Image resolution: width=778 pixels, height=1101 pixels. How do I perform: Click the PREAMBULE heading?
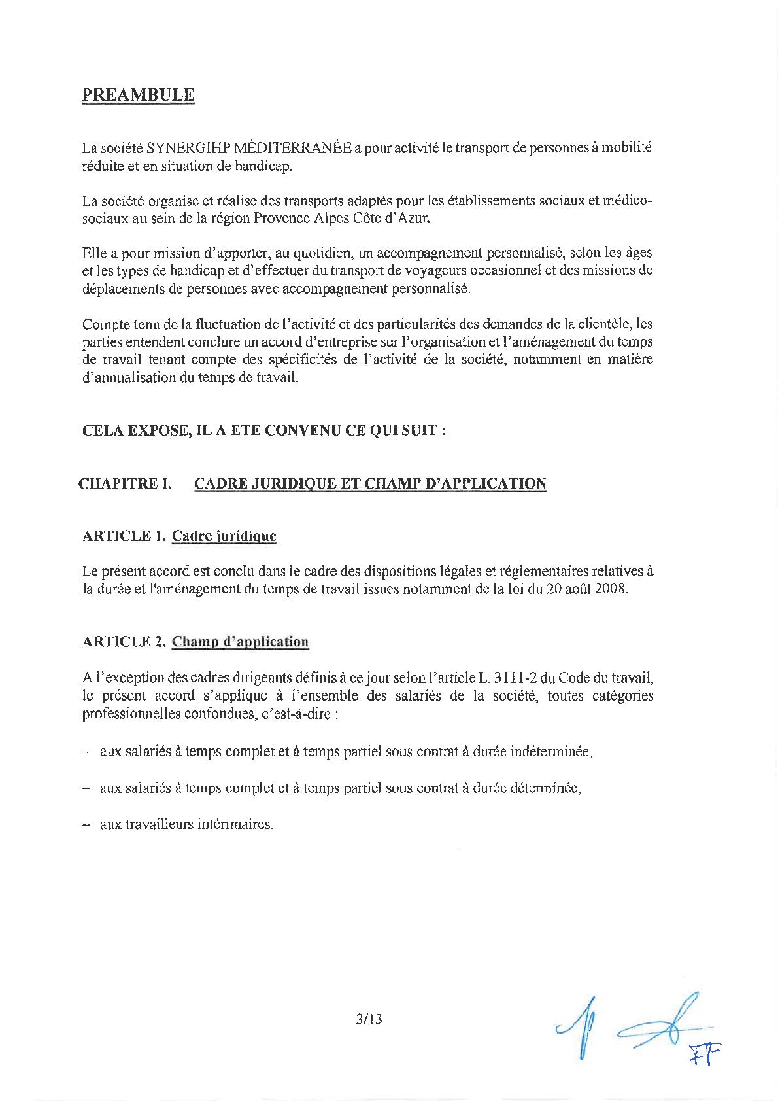[138, 95]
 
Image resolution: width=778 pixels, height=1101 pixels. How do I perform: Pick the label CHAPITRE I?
[124, 484]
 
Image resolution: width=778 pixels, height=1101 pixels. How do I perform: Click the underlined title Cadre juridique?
[224, 536]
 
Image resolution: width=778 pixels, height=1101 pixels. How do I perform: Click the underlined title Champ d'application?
[240, 642]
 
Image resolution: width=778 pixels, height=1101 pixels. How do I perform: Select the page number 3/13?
[366, 1019]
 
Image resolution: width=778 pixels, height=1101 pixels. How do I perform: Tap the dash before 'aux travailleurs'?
[86, 824]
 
